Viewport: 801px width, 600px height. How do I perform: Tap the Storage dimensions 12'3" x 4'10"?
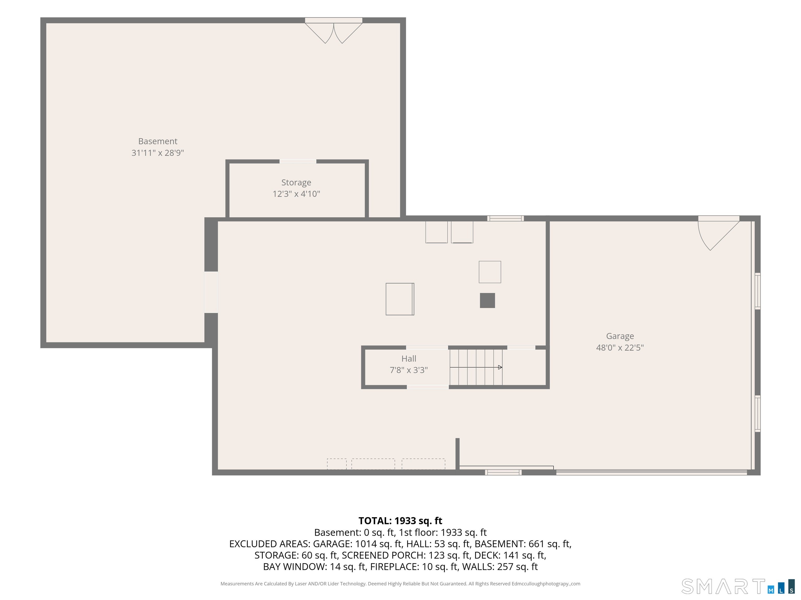pyautogui.click(x=296, y=194)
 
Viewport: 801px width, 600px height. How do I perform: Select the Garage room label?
pyautogui.click(x=620, y=336)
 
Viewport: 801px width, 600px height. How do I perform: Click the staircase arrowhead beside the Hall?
pyautogui.click(x=500, y=367)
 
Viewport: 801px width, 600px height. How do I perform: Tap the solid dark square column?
pyautogui.click(x=487, y=301)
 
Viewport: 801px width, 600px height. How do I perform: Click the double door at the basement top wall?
pyautogui.click(x=333, y=31)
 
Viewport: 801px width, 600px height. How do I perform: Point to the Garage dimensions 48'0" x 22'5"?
pyautogui.click(x=620, y=348)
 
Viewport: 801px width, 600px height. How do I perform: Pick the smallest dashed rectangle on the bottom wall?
pyautogui.click(x=337, y=464)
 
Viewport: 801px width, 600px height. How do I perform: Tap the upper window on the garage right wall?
pyautogui.click(x=757, y=291)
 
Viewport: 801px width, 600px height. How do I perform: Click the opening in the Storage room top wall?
pyautogui.click(x=298, y=161)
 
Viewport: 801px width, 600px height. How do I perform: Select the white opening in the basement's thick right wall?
pyautogui.click(x=211, y=292)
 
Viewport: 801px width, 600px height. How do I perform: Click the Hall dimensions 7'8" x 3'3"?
pyautogui.click(x=409, y=370)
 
